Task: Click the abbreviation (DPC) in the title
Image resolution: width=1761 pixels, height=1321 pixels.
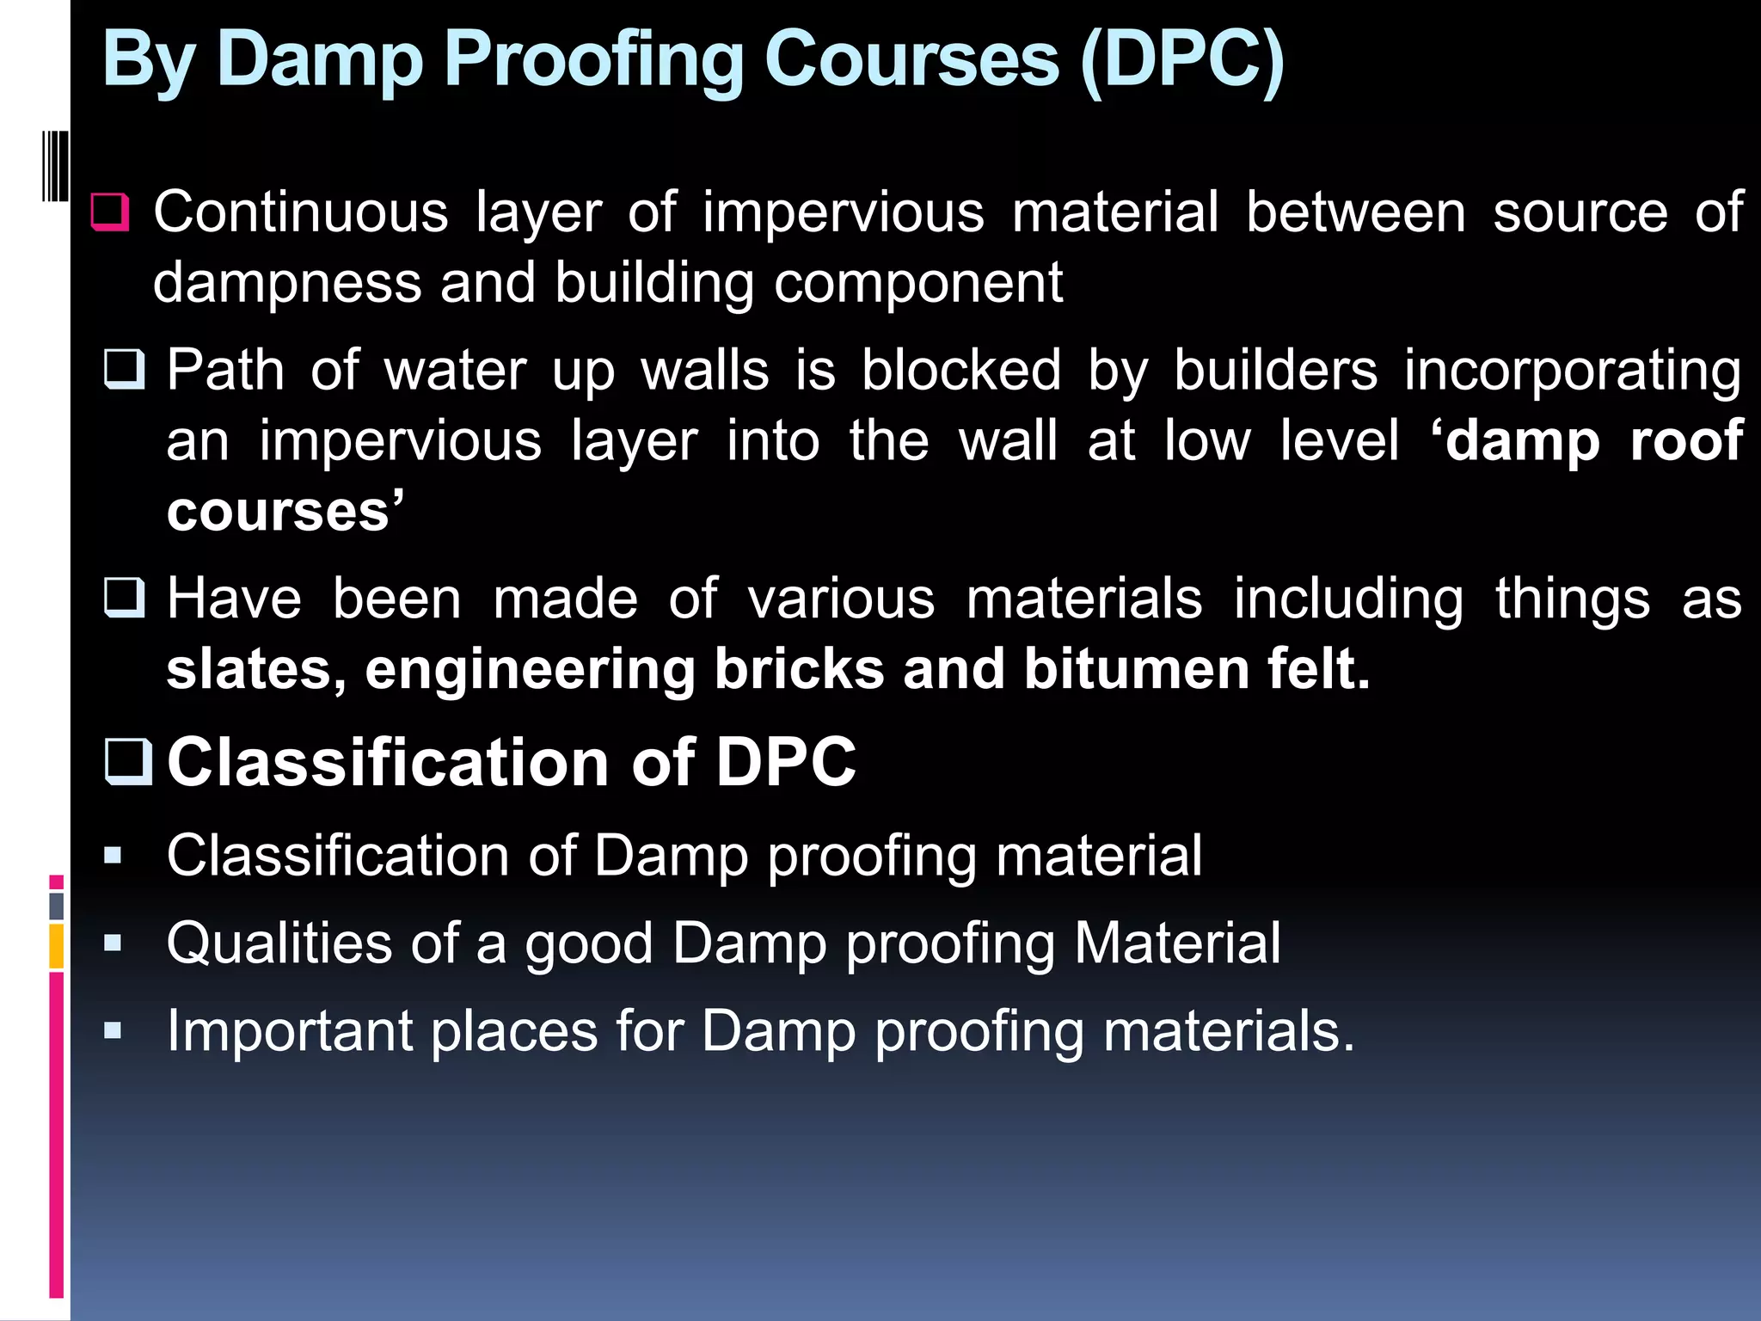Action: (1181, 60)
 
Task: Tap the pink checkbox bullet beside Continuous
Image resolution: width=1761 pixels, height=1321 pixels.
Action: (110, 212)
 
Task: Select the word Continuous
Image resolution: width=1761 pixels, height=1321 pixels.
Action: (301, 212)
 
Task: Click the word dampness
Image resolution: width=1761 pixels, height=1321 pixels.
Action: (287, 283)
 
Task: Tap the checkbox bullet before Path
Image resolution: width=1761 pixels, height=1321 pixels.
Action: (125, 370)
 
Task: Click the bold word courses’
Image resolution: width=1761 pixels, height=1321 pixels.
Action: (285, 512)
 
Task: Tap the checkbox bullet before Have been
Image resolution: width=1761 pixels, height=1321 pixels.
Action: (125, 598)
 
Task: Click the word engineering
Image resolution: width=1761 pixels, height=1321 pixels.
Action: (530, 671)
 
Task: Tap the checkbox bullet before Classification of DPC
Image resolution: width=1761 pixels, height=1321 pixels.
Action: (128, 762)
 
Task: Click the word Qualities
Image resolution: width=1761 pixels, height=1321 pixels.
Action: (279, 943)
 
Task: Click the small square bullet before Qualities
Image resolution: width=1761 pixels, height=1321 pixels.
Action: (113, 943)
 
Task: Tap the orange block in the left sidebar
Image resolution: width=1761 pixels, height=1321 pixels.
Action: (56, 946)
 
